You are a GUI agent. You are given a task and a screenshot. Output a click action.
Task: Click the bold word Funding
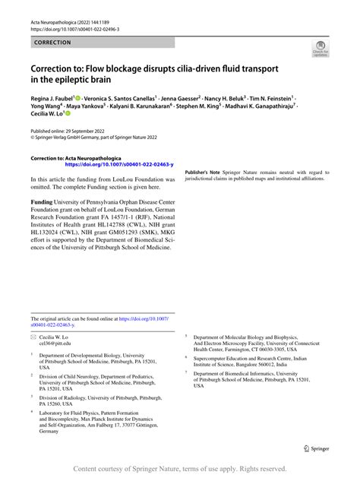click(x=41, y=202)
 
